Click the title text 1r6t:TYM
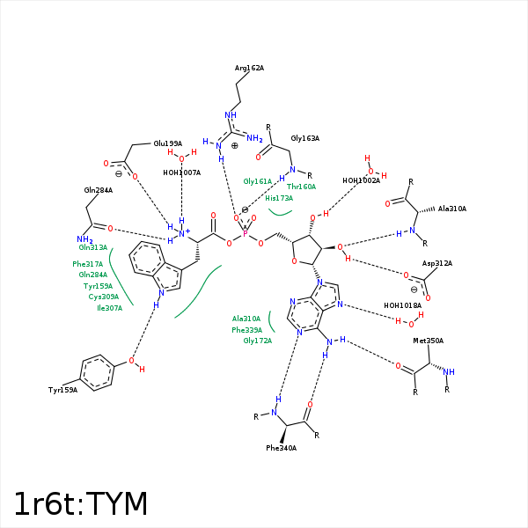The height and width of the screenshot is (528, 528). [x=81, y=504]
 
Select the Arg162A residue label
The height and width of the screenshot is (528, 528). [x=249, y=68]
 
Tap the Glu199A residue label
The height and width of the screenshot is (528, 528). [x=167, y=143]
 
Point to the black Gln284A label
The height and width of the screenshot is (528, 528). [x=98, y=190]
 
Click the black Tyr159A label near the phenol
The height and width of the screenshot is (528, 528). [x=62, y=390]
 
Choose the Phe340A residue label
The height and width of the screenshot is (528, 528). [x=281, y=448]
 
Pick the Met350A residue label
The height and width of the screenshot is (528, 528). [x=429, y=341]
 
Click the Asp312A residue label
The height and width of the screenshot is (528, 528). [x=437, y=263]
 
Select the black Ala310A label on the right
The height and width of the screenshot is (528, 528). [x=452, y=209]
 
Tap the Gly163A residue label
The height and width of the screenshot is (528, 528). [x=304, y=138]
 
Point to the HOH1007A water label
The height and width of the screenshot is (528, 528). [x=181, y=172]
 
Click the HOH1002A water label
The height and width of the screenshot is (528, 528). [x=361, y=180]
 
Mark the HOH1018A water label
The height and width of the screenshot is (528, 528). [x=402, y=305]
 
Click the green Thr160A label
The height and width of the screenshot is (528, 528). [x=301, y=187]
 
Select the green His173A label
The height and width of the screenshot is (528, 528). [x=279, y=198]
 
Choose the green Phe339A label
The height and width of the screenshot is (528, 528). [x=246, y=329]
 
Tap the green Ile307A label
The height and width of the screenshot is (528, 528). [x=109, y=308]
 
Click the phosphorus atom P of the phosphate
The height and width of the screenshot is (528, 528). [x=245, y=233]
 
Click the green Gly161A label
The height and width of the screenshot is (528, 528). [x=258, y=180]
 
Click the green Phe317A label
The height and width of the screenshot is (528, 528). [x=88, y=264]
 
